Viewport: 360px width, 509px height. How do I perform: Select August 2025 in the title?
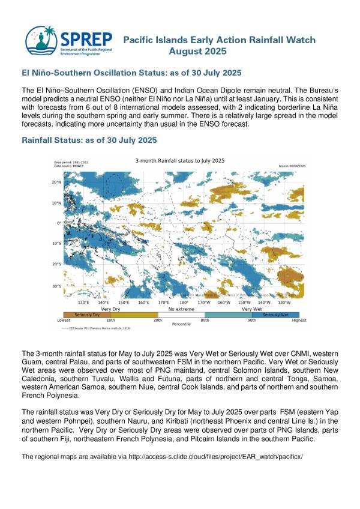(198, 52)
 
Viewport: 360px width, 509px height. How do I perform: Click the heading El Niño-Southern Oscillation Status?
(131, 73)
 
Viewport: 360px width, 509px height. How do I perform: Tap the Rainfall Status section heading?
(89, 140)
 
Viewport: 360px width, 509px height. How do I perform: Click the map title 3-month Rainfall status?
(179, 161)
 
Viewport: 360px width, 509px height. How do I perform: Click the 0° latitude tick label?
(59, 223)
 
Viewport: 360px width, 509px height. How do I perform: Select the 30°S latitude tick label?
(58, 286)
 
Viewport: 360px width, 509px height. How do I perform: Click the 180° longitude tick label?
(184, 303)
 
